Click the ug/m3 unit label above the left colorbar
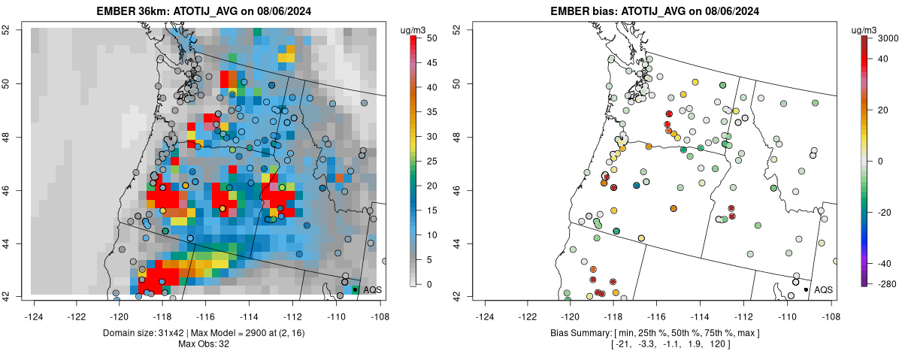click(x=415, y=29)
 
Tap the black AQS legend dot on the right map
click(x=806, y=289)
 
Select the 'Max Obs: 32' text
click(x=205, y=344)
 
